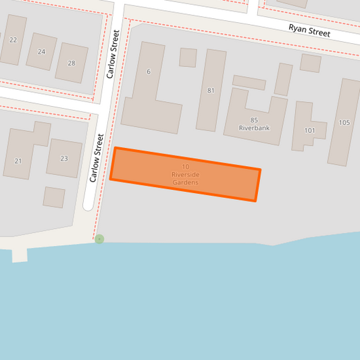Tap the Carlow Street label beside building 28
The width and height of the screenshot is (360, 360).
click(x=113, y=53)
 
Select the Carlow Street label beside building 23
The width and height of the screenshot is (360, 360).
click(x=97, y=158)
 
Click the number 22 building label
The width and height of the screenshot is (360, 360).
click(x=13, y=40)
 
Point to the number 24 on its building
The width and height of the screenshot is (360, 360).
click(x=42, y=51)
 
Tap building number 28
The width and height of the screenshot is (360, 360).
click(x=72, y=63)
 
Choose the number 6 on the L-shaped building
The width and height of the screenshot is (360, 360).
click(x=149, y=72)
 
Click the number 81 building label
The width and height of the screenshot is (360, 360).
click(x=211, y=91)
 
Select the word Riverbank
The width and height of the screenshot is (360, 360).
click(x=254, y=127)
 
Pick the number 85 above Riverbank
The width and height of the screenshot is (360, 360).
click(x=254, y=120)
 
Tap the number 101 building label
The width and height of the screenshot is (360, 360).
click(x=310, y=130)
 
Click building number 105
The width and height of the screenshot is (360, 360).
click(x=344, y=122)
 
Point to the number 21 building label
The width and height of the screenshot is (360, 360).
click(x=18, y=160)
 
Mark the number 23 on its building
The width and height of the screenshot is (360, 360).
click(x=64, y=159)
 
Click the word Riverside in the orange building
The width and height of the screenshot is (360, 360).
click(x=185, y=175)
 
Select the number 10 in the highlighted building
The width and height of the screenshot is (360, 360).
click(x=185, y=167)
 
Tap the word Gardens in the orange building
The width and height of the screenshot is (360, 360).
click(x=185, y=182)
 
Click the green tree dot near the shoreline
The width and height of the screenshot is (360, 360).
click(x=99, y=239)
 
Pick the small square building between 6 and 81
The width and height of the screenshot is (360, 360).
click(x=188, y=57)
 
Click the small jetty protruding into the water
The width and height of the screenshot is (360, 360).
click(x=19, y=255)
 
